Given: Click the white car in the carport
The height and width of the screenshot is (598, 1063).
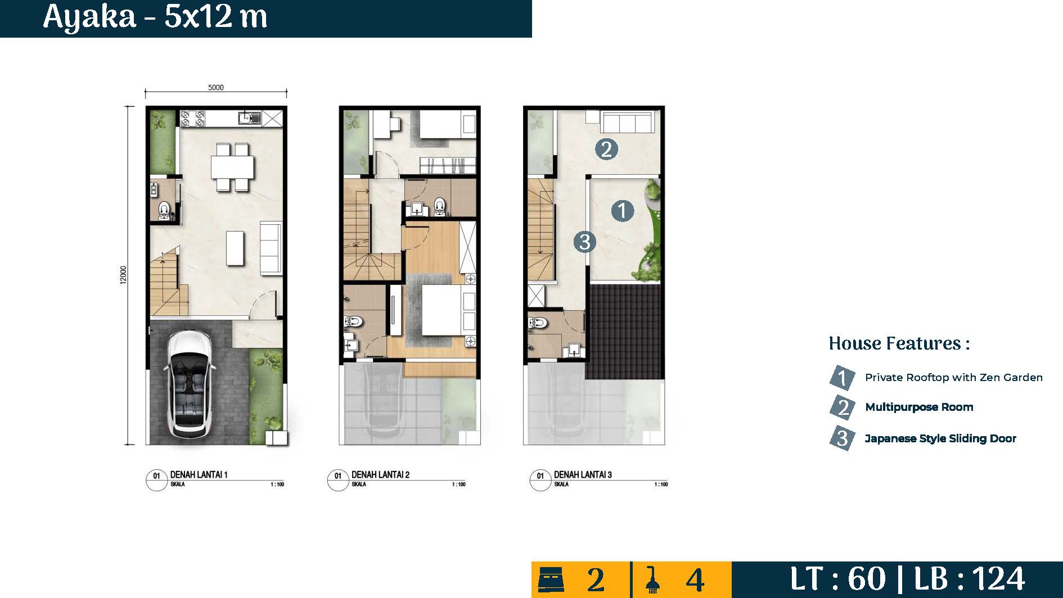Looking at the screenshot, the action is point(189,384).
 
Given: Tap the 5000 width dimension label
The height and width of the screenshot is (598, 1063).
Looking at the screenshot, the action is point(216,87).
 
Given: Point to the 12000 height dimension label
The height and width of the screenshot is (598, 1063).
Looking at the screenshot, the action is point(124,275).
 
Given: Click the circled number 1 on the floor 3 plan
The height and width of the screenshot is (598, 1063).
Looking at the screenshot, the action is point(622,211).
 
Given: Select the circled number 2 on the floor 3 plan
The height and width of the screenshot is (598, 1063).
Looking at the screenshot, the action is point(606,149).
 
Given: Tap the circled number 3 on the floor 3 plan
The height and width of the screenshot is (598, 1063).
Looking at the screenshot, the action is point(585,242).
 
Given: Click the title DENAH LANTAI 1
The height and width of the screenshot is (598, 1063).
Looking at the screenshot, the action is point(199,475).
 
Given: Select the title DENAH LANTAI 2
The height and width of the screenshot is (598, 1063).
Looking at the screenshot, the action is point(381,475).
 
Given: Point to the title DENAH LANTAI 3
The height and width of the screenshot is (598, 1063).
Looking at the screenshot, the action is point(583,475).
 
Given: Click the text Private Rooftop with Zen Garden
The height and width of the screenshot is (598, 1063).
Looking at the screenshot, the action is point(954,378).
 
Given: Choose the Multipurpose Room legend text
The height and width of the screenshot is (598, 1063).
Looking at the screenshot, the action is point(919,407).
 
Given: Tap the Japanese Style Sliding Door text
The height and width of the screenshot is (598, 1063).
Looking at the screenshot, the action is point(940,438).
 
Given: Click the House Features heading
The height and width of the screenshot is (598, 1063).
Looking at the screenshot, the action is point(899,343).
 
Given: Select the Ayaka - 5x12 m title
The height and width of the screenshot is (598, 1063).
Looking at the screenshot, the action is point(155,17).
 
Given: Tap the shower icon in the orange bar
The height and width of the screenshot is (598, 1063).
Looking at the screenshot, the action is point(652,579).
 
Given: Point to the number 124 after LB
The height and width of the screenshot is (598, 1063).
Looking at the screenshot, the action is point(999,579).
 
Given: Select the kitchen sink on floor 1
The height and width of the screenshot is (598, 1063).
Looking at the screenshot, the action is point(249,118).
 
